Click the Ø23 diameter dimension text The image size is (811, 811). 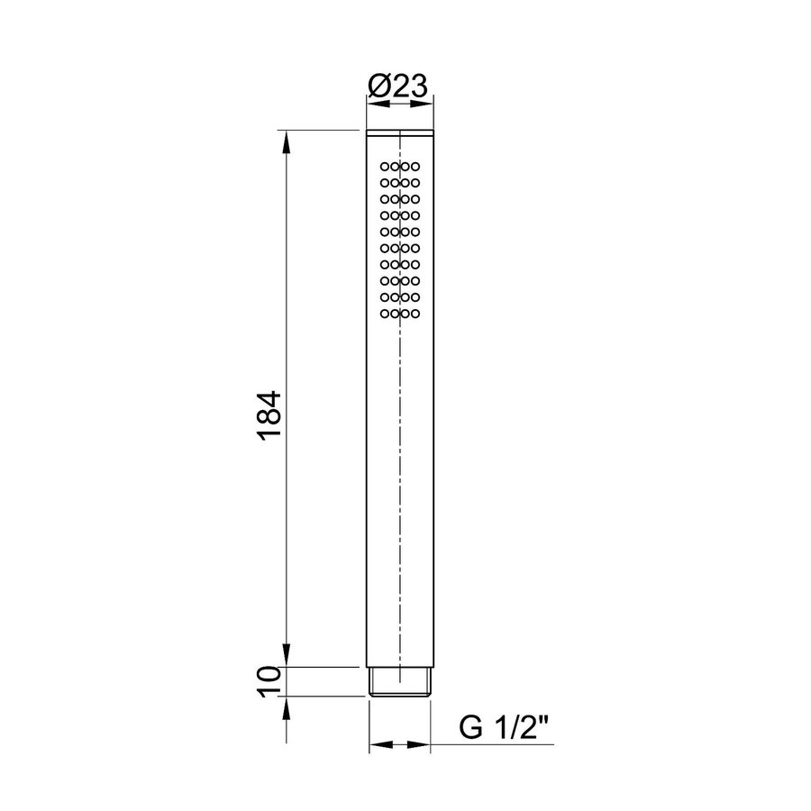[397, 87]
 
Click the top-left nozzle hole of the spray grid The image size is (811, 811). [386, 167]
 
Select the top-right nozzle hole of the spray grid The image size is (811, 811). [415, 167]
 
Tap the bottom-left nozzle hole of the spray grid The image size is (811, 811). [386, 314]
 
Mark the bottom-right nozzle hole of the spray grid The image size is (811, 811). [415, 314]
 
